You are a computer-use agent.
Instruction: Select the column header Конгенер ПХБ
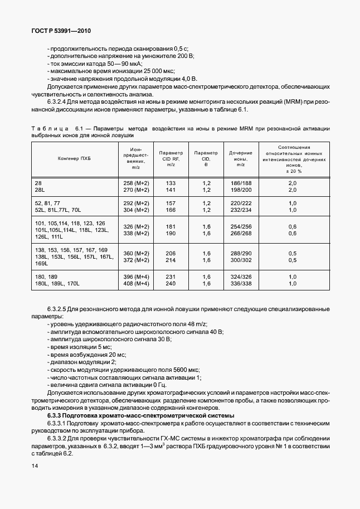point(74,158)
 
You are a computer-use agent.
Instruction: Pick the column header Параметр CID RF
point(171,158)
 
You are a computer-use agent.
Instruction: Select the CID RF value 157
point(171,203)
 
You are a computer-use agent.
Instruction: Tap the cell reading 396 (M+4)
point(135,277)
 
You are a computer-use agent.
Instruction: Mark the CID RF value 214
point(171,260)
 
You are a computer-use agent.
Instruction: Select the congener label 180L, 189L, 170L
point(57,284)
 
